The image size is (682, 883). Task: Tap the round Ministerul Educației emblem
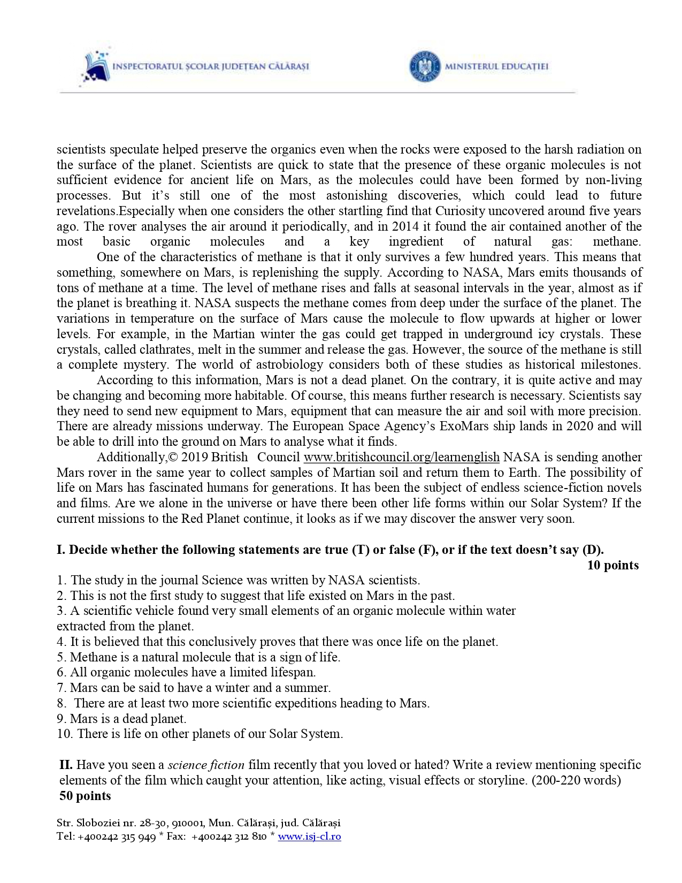coord(425,67)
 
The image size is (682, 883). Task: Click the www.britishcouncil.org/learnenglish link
coord(401,458)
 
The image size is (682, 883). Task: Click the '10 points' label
coord(612,566)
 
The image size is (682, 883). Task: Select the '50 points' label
coord(85,796)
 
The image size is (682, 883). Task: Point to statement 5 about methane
coord(198,657)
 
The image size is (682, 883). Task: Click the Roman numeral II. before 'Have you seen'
coord(66,765)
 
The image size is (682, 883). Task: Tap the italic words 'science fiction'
coord(206,765)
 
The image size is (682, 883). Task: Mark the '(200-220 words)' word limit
coord(576,780)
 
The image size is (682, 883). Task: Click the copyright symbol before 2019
coord(173,458)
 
